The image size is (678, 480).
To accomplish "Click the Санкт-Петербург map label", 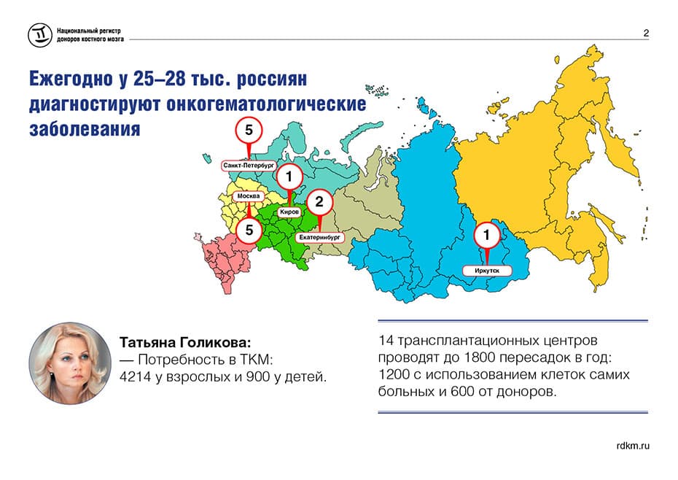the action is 249,166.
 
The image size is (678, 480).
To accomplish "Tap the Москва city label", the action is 249,196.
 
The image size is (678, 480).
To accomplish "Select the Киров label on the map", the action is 289,212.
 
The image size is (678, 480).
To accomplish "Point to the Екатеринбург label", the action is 319,237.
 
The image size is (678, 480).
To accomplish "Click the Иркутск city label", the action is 487,271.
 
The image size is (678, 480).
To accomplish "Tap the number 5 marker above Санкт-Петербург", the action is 249,131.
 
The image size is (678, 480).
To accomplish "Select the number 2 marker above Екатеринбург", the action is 319,201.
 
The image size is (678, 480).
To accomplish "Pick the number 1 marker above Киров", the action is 289,177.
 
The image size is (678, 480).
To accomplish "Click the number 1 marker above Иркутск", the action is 487,235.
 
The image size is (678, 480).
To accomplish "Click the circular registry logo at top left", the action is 40,35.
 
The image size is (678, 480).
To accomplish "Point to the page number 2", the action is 646,33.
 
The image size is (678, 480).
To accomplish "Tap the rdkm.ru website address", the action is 633,446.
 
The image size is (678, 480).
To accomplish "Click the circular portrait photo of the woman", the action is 70,363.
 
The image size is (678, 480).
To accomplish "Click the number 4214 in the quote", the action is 135,377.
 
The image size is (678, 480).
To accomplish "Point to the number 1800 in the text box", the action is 480,358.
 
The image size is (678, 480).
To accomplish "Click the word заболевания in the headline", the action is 85,129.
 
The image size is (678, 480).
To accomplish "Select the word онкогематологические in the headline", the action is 266,104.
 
